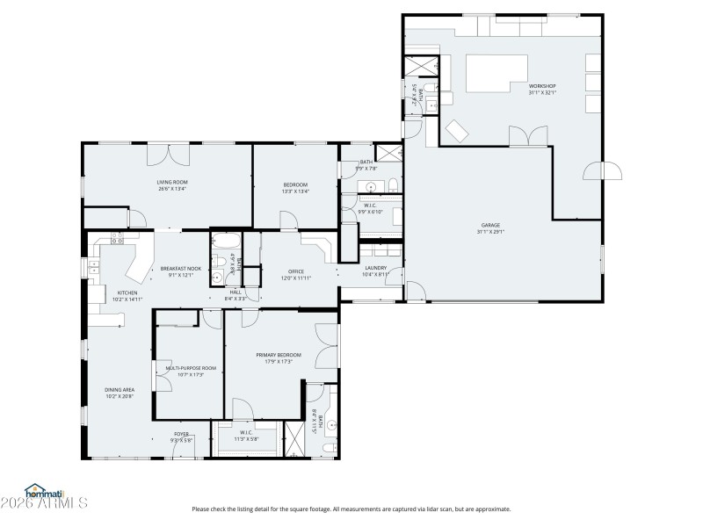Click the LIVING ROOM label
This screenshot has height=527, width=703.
point(173,183)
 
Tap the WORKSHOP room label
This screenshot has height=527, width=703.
point(542,86)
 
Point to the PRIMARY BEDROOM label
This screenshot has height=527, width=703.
point(279,355)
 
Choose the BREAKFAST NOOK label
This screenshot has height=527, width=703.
point(180,269)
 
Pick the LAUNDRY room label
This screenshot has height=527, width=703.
point(376,269)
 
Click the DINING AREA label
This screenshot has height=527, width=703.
point(119,389)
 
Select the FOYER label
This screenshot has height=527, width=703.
point(181,433)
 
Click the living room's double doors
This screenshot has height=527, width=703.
point(168,155)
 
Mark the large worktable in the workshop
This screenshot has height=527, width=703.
point(495,72)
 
